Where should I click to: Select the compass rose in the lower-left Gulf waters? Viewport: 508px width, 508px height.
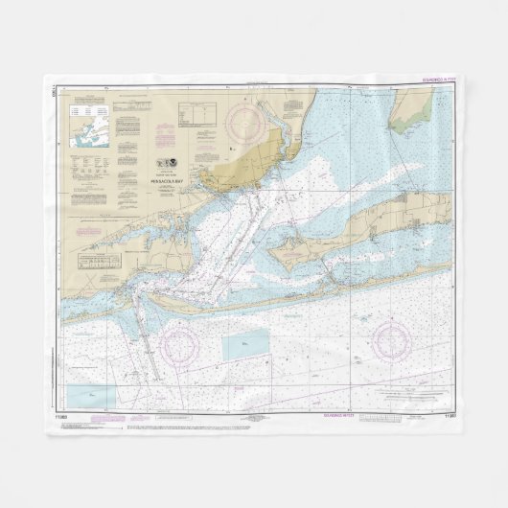(182, 340)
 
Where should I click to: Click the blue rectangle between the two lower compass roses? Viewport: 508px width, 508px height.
(245, 346)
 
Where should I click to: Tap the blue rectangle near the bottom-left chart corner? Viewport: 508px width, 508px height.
(90, 394)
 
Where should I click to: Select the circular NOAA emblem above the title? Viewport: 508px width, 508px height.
(174, 164)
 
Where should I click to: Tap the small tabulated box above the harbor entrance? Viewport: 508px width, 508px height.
(100, 262)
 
